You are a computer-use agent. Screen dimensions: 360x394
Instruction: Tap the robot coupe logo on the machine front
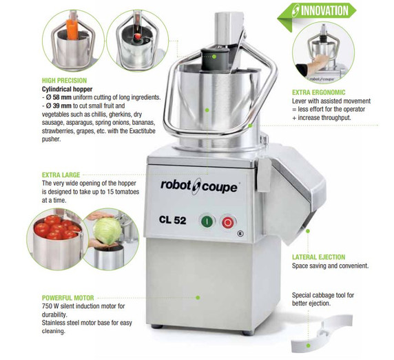tap(199, 187)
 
